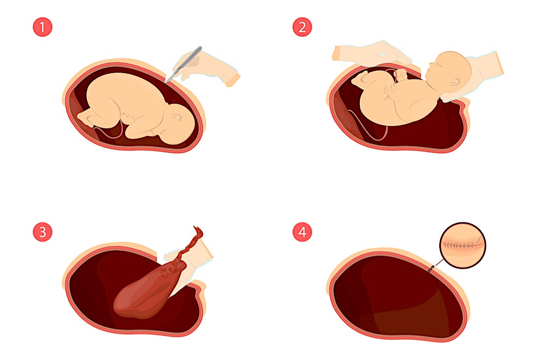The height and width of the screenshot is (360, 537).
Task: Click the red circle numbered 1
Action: point(42,27)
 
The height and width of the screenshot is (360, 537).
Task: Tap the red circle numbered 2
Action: point(302,27)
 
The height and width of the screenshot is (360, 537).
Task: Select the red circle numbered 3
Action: point(42,232)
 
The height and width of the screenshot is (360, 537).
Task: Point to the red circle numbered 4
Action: point(302,232)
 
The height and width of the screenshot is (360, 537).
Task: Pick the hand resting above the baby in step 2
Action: point(371,54)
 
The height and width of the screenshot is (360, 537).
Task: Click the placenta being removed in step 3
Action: point(145,290)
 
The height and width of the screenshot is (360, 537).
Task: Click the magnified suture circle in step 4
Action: point(462,245)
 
